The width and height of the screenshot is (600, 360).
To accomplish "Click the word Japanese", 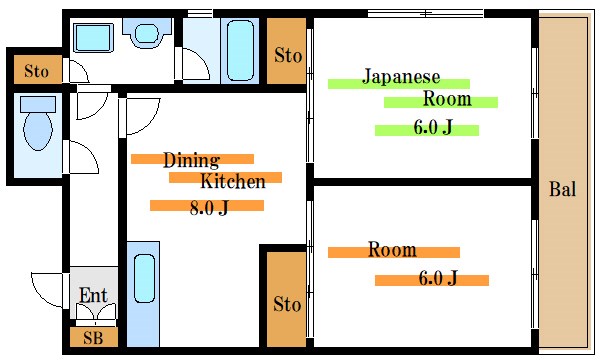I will [401, 77].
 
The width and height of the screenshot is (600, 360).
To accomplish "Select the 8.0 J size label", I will [209, 208].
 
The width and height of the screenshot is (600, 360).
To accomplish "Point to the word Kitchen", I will [233, 182].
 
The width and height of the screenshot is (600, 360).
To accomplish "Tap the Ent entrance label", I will [93, 295].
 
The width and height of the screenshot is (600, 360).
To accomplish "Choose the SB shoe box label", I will [92, 338].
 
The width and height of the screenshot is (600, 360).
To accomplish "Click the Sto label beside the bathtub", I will [288, 55].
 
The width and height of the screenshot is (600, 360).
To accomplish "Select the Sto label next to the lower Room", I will [287, 302].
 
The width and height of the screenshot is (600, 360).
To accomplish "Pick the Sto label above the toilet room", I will [37, 71].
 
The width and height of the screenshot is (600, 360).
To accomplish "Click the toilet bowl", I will [37, 130].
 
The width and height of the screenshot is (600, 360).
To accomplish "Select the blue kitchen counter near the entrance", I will [144, 290].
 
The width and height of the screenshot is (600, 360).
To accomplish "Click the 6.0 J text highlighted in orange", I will [438, 278].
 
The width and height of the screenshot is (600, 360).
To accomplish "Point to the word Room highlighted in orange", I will [391, 250].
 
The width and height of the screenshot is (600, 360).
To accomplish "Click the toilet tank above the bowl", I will [38, 103].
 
